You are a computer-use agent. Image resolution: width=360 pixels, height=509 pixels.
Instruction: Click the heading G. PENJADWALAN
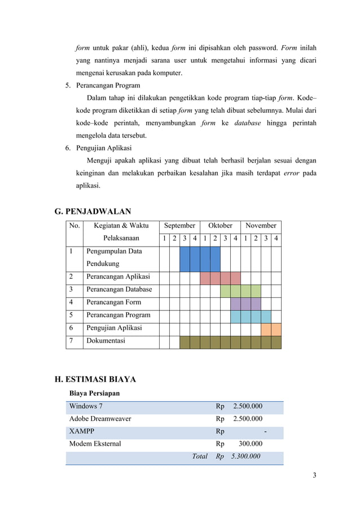pyautogui.click(x=93, y=212)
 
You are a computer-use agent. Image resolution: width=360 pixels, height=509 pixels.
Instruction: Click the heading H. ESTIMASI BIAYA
pyautogui.click(x=95, y=379)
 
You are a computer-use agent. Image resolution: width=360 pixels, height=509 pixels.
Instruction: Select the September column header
pyautogui.click(x=179, y=226)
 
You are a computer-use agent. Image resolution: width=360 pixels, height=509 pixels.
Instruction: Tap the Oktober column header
pyautogui.click(x=220, y=226)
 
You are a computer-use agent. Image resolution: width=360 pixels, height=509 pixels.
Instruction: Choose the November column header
pyautogui.click(x=261, y=226)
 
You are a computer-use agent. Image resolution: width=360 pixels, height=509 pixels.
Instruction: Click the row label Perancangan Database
pyautogui.click(x=119, y=289)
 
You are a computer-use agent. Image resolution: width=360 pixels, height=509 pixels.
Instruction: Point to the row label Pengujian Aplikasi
pyautogui.click(x=114, y=328)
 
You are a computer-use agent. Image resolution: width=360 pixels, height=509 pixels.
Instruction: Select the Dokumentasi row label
pyautogui.click(x=106, y=341)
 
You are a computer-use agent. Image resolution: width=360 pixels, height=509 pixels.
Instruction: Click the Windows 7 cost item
pyautogui.click(x=86, y=406)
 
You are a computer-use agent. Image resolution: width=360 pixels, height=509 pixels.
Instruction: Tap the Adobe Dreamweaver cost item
pyautogui.click(x=100, y=419)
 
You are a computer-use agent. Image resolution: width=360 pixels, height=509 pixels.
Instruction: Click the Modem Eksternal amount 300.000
pyautogui.click(x=251, y=444)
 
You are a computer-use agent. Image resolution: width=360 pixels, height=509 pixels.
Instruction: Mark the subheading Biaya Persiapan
pyautogui.click(x=94, y=393)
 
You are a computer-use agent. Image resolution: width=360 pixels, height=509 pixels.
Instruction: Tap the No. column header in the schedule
pyautogui.click(x=74, y=226)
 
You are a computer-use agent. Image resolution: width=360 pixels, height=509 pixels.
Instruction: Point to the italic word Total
pyautogui.click(x=200, y=457)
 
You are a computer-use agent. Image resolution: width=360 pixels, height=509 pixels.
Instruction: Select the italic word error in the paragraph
pyautogui.click(x=291, y=173)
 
